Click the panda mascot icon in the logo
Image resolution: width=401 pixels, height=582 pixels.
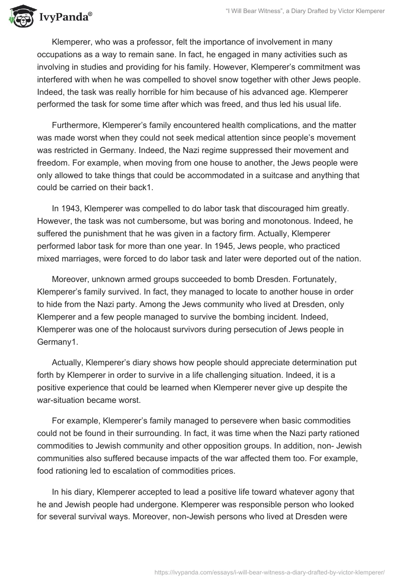coord(19,17)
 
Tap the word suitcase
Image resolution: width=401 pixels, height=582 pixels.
coord(274,177)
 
